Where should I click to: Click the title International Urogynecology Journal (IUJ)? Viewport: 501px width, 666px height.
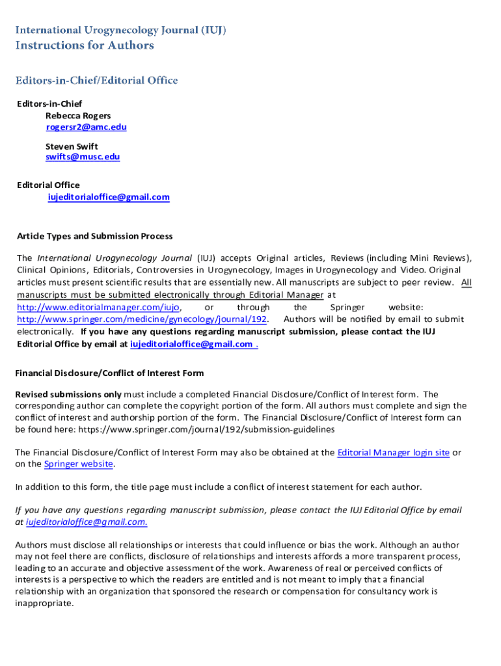click(x=121, y=30)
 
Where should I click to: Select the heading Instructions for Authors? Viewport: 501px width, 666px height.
click(x=85, y=46)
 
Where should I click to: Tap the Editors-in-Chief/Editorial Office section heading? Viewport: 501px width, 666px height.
click(x=97, y=81)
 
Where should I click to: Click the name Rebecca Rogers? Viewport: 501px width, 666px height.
click(x=78, y=116)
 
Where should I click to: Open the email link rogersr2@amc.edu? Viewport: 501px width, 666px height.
click(x=86, y=127)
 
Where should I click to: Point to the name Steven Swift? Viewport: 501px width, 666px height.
click(x=72, y=146)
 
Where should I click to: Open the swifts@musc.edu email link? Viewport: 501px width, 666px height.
click(x=83, y=157)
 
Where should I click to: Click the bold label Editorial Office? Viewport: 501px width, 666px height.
click(x=48, y=185)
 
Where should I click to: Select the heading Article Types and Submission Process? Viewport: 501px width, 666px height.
click(x=95, y=236)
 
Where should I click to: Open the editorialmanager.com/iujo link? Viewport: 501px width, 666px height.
click(x=98, y=307)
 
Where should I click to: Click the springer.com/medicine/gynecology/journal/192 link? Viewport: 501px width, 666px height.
click(x=142, y=319)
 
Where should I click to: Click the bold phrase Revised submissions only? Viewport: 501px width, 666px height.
click(x=68, y=394)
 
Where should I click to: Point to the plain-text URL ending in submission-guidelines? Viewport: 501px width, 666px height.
click(x=206, y=429)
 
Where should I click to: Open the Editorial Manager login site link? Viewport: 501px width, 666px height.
click(x=393, y=453)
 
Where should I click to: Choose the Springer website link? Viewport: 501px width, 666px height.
click(x=79, y=464)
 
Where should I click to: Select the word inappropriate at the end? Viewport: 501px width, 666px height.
click(x=45, y=603)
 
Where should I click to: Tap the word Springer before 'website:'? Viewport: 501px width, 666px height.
click(x=347, y=307)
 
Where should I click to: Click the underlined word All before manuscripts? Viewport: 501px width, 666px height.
click(x=466, y=282)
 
